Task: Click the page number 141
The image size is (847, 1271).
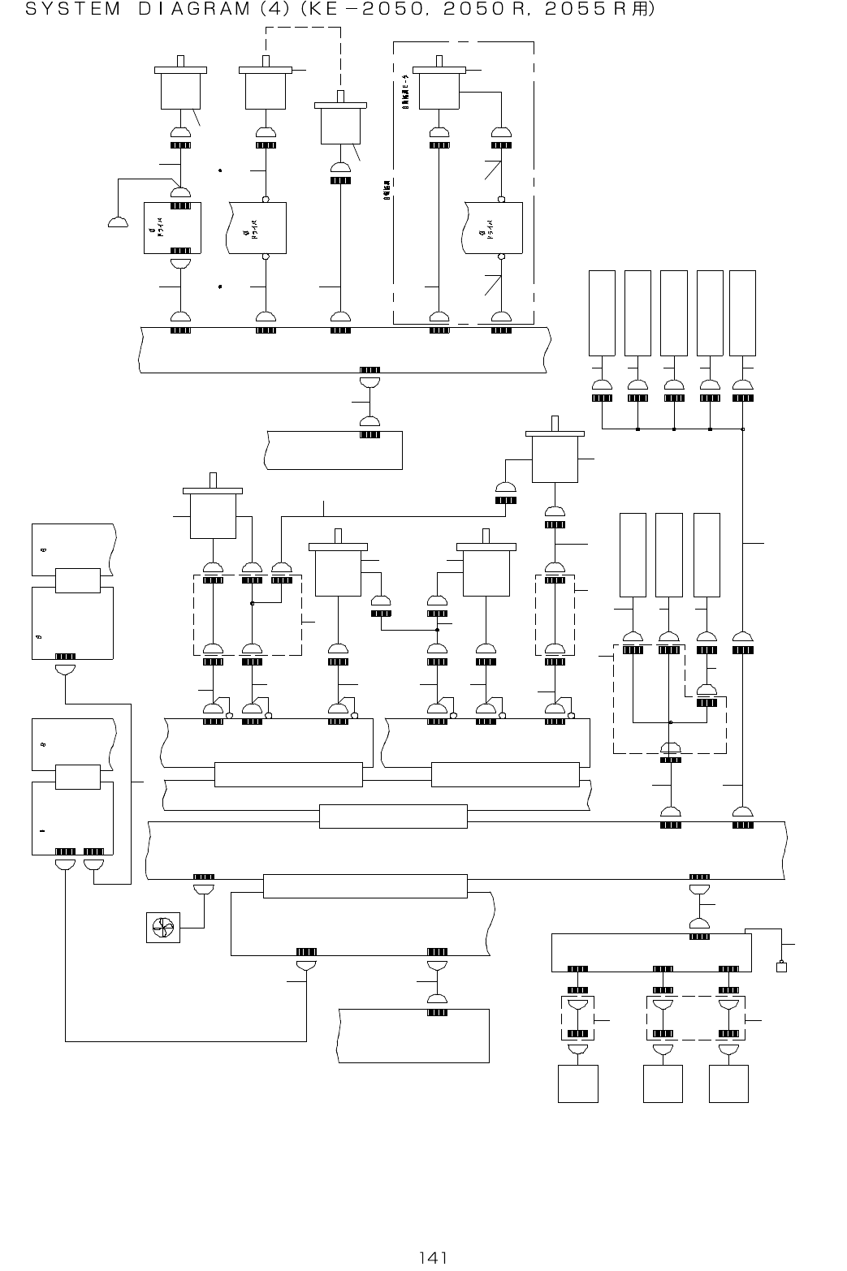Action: [433, 1257]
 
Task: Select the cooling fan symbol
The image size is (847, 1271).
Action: [162, 928]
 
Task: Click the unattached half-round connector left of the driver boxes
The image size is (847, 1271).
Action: [118, 222]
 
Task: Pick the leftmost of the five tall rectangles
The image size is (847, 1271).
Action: [602, 312]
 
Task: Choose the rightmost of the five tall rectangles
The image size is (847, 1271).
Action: [742, 312]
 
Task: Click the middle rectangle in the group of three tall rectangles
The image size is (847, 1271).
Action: [668, 554]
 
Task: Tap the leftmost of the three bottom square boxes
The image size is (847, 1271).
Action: [578, 1084]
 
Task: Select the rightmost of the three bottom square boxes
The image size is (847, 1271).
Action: [728, 1084]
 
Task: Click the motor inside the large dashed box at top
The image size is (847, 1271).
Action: [439, 86]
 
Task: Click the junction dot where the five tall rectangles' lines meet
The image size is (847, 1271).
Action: [743, 429]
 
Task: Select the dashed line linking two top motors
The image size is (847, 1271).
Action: [303, 28]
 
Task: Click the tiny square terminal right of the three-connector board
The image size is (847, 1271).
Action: [782, 967]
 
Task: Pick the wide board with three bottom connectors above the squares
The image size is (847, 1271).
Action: [650, 952]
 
